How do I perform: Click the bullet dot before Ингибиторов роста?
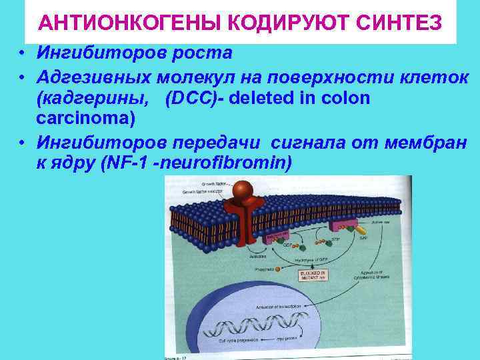23,53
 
